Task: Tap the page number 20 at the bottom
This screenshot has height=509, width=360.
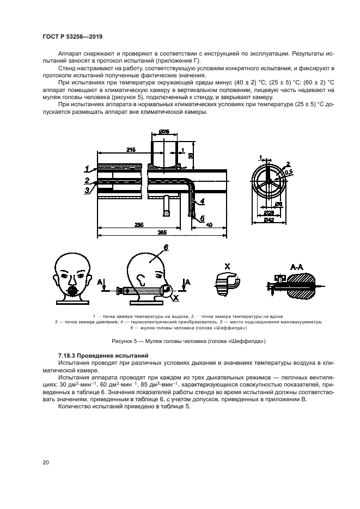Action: tap(45, 463)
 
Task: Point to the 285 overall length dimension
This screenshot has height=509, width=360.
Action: tap(161, 232)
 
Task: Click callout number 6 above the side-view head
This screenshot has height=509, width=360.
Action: tap(166, 247)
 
